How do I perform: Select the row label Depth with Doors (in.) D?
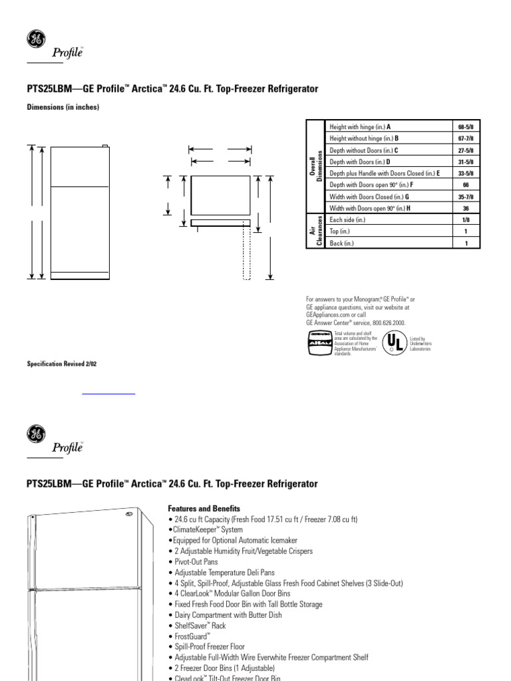coord(360,162)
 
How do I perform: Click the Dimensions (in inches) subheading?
coord(63,107)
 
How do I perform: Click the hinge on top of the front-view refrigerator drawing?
coord(104,146)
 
